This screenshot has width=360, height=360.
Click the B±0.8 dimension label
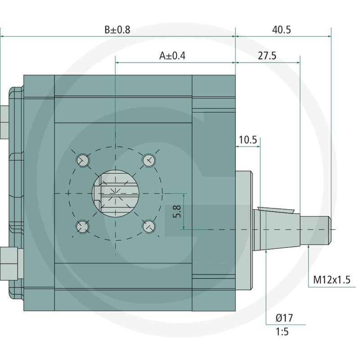pyautogui.click(x=117, y=30)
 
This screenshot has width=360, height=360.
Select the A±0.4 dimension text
pyautogui.click(x=172, y=56)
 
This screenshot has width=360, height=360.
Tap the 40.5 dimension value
pyautogui.click(x=282, y=30)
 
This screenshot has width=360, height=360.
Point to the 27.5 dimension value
pyautogui.click(x=267, y=56)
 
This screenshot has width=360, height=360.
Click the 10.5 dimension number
pyautogui.click(x=248, y=140)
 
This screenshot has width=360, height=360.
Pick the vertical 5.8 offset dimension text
pyautogui.click(x=177, y=211)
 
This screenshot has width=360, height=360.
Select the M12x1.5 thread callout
pyautogui.click(x=332, y=280)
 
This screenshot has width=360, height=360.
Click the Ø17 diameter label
pyautogui.click(x=284, y=318)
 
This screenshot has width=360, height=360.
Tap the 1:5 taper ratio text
pyautogui.click(x=282, y=332)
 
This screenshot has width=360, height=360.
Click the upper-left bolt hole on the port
pyautogui.click(x=83, y=160)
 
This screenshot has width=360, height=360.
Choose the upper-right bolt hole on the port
pyautogui.click(x=149, y=160)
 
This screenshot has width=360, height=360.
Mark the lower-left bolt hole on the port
pyautogui.click(x=82, y=227)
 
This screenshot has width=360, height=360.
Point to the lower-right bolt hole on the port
pyautogui.click(x=149, y=227)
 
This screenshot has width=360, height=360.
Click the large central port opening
pyautogui.click(x=116, y=193)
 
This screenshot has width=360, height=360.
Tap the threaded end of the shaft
pyautogui.click(x=316, y=230)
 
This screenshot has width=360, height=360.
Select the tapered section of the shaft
pyautogui.click(x=277, y=229)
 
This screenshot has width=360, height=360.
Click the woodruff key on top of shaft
pyautogui.click(x=276, y=210)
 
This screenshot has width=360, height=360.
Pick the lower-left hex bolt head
pyautogui.click(x=9, y=264)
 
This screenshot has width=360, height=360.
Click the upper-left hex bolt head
pyautogui.click(x=4, y=122)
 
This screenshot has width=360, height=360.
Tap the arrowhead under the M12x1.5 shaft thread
pyautogui.click(x=309, y=247)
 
